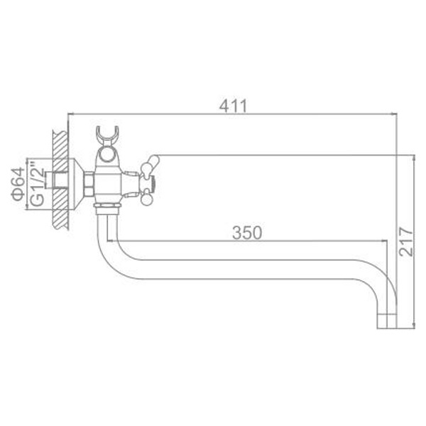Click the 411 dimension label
[234, 106]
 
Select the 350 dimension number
[247, 232]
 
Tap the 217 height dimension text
[406, 242]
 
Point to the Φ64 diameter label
[18, 184]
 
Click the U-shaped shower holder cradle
[108, 136]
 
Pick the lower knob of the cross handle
[147, 199]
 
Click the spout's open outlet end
[387, 321]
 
